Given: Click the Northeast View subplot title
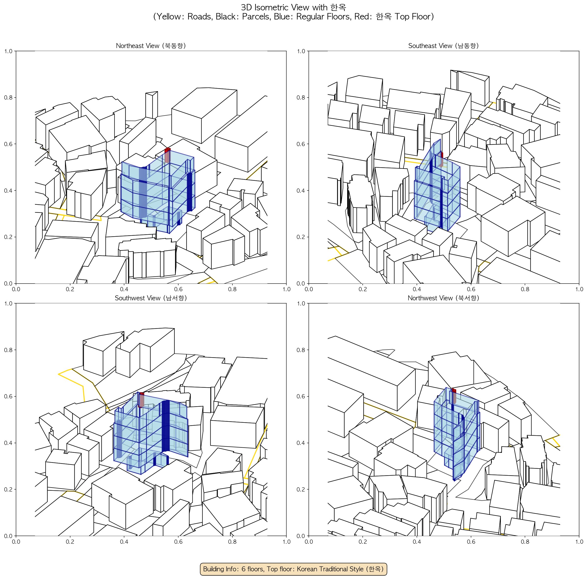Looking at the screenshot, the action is point(151,46).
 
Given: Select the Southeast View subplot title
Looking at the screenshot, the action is point(443,46).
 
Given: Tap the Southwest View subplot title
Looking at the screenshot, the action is point(151,298).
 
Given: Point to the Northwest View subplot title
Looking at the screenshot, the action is point(443,298).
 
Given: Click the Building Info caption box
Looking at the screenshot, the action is point(293,569).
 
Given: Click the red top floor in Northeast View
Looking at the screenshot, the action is point(167,155).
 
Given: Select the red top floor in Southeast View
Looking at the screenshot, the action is point(441,159).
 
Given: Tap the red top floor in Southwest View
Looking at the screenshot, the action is point(141,400).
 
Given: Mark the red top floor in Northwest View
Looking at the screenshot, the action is point(453,397).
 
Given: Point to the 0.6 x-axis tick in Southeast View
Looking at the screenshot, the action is point(471,289).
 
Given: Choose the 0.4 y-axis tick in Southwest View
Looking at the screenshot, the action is point(8,443).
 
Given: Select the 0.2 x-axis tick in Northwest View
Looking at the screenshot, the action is point(363,542).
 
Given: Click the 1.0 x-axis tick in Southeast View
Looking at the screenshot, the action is point(579,289).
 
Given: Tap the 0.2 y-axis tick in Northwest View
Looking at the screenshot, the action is point(301,489).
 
